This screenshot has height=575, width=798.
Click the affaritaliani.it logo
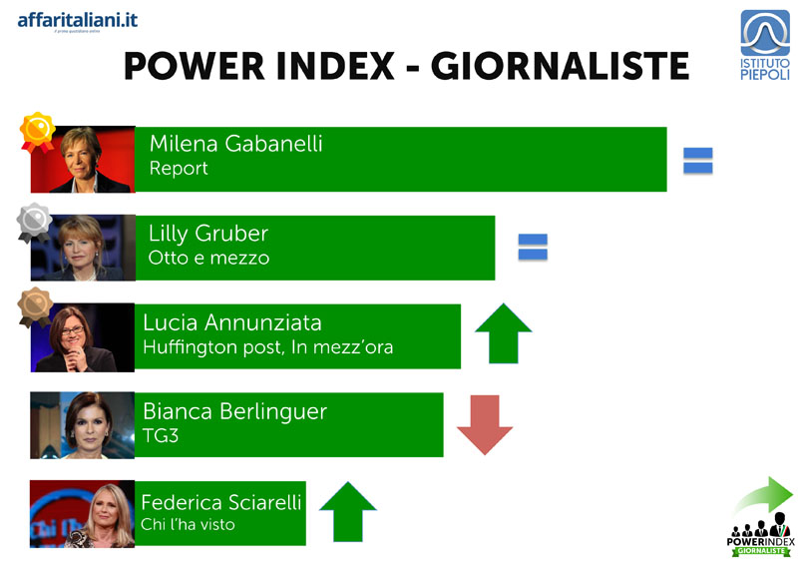click(78, 22)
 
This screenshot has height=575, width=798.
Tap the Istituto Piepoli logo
click(765, 45)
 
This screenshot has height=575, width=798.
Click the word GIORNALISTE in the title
click(560, 66)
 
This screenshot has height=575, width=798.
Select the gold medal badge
click(37, 132)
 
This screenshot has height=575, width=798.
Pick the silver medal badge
click(34, 223)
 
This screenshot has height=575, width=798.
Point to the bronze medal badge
click(35, 307)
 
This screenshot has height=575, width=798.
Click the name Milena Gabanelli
click(235, 144)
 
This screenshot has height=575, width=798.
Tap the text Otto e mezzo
click(208, 258)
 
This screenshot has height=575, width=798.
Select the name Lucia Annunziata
click(232, 322)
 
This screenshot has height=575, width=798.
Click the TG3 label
click(161, 436)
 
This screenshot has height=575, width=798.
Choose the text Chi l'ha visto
click(188, 524)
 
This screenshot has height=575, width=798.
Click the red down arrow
click(485, 424)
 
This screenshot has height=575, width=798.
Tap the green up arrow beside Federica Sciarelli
click(348, 511)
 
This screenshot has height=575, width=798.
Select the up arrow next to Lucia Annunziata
click(504, 333)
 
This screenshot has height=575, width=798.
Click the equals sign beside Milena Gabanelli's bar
click(697, 161)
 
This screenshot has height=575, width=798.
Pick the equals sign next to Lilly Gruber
click(533, 247)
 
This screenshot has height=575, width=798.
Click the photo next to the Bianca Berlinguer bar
click(83, 425)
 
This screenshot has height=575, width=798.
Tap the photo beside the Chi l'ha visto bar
click(83, 514)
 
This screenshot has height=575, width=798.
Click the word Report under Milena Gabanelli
click(179, 169)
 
